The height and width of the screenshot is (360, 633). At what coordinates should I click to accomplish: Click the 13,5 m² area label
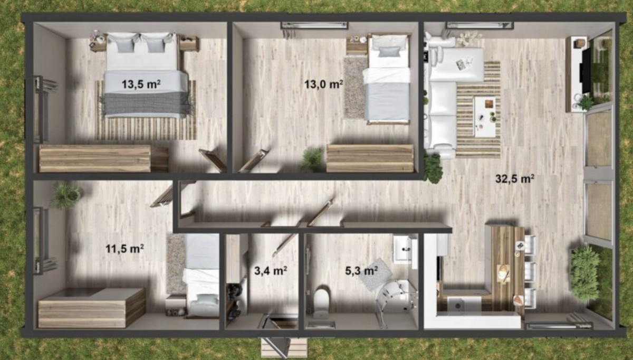[x=141, y=84]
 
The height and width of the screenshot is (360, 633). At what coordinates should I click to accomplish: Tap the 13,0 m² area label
[x=323, y=84]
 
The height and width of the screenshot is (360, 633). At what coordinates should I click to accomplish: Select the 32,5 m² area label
[x=515, y=178]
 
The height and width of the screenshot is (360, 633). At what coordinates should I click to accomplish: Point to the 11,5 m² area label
[x=124, y=249]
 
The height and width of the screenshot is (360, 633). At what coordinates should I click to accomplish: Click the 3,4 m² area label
[x=271, y=271]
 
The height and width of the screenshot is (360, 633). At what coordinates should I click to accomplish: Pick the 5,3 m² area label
[x=361, y=271]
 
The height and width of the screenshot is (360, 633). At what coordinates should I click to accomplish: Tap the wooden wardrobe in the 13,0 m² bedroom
[x=370, y=158]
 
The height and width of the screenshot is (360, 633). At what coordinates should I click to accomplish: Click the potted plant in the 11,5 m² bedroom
[x=66, y=195]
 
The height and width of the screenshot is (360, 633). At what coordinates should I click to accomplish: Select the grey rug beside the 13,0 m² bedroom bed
[x=354, y=87]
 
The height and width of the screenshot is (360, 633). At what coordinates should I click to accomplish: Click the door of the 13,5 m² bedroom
[x=213, y=160]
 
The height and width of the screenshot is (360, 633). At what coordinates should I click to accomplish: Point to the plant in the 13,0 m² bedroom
[x=312, y=159]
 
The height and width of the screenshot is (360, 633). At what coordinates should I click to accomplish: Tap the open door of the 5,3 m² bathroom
[x=321, y=213]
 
